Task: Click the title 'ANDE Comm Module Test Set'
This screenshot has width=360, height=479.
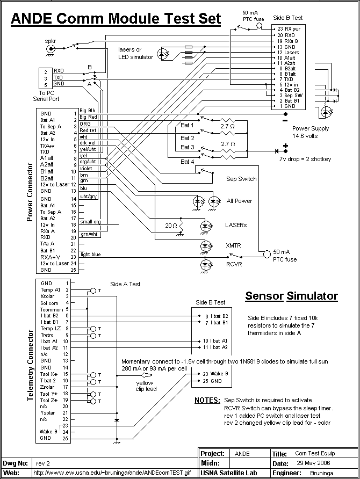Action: point(116,19)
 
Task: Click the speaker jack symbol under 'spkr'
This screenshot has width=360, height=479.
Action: point(50,49)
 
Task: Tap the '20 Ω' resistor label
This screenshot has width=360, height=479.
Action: point(171,226)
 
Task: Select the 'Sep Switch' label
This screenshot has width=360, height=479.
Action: point(241,179)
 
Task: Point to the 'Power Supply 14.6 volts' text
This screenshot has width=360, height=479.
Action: point(310,132)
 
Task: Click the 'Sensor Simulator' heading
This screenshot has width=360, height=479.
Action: point(291,296)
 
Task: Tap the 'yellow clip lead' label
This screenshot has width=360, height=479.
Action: point(146,386)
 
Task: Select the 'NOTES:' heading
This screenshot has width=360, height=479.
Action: point(207,400)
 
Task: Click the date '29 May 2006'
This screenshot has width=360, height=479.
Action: point(313,463)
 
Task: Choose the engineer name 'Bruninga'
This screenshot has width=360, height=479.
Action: point(321,473)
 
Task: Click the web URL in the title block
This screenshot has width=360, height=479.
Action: point(112,473)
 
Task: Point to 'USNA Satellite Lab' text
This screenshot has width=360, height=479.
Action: point(228,473)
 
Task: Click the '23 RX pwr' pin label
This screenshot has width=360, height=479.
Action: point(289,29)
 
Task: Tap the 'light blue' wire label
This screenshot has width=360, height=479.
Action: point(90,255)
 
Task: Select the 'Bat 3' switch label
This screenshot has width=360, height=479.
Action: point(187,147)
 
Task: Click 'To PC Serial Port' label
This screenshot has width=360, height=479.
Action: point(46,96)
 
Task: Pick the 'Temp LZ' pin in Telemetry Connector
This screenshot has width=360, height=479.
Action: point(51,329)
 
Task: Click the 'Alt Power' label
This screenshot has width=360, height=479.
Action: point(239,201)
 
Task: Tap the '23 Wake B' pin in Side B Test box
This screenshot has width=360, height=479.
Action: point(215,374)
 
